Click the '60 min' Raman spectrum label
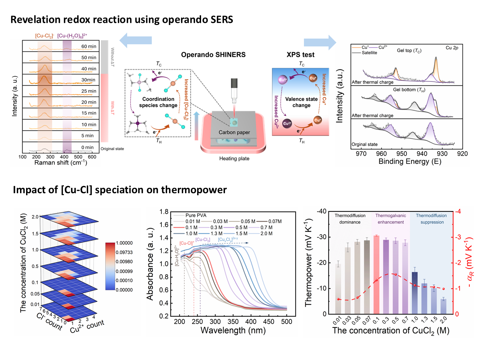pyautogui.click(x=89, y=46)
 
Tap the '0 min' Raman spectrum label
pyautogui.click(x=87, y=147)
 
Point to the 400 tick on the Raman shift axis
pyautogui.click(x=64, y=157)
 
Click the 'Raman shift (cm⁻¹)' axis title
pyautogui.click(x=61, y=163)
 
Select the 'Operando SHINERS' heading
pyautogui.click(x=213, y=55)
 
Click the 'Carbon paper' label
pyautogui.click(x=234, y=132)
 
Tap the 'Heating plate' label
pyautogui.click(x=234, y=159)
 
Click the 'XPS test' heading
pyautogui.click(x=300, y=55)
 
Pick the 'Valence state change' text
pyautogui.click(x=301, y=102)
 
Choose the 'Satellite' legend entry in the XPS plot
pyautogui.click(x=369, y=53)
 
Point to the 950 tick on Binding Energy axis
pyautogui.click(x=402, y=154)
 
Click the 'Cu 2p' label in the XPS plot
pyautogui.click(x=452, y=48)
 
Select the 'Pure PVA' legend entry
pyautogui.click(x=196, y=215)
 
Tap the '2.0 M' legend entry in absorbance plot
pyautogui.click(x=266, y=234)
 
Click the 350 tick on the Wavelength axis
pyautogui.click(x=233, y=322)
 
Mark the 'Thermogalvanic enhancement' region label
pyautogui.click(x=391, y=219)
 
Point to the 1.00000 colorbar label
pyautogui.click(x=124, y=243)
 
